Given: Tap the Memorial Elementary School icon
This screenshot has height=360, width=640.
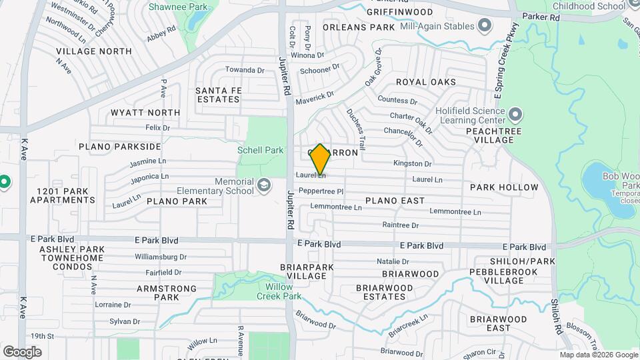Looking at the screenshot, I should coord(264,185).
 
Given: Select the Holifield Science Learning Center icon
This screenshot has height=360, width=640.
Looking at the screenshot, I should coord(514,116).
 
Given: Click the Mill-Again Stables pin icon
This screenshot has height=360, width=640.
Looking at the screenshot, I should coord(485,27).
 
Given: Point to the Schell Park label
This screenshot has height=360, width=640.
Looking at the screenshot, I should coord(261,151).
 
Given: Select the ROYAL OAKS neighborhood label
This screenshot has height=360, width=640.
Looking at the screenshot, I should coord(425,82).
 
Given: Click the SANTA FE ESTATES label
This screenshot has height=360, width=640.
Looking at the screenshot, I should coord(217,95).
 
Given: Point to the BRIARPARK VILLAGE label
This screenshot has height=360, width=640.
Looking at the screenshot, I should coord(302,271).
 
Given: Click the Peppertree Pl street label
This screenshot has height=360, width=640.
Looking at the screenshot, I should coord(321,191).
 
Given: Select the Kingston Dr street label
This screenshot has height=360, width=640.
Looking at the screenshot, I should coord(413,163).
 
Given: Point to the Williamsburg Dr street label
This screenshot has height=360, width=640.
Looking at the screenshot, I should coord(160,257).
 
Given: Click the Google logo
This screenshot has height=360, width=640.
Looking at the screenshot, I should coord(22,351).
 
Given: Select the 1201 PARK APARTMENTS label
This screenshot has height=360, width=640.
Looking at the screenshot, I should coord(58,195).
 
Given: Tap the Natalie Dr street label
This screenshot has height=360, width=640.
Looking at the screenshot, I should coord(393,261).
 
